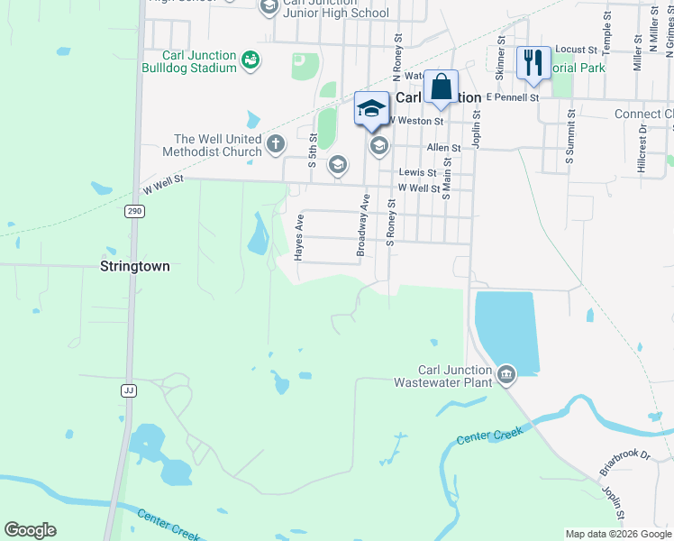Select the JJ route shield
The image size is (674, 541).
(x=129, y=390)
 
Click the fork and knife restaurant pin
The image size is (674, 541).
(x=533, y=63)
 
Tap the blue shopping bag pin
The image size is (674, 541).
(x=441, y=88)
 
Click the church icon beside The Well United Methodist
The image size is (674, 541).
(x=276, y=142)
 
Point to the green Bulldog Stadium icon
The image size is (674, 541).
(x=250, y=60)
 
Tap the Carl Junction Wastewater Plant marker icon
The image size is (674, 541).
(x=506, y=373)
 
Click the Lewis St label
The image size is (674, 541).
(x=418, y=172)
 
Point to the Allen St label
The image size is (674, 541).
(x=443, y=147)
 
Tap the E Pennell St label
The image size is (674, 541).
(x=512, y=96)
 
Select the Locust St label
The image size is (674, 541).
(x=577, y=49)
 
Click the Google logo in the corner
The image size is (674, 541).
(x=30, y=530)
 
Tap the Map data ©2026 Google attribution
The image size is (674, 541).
(x=618, y=534)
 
